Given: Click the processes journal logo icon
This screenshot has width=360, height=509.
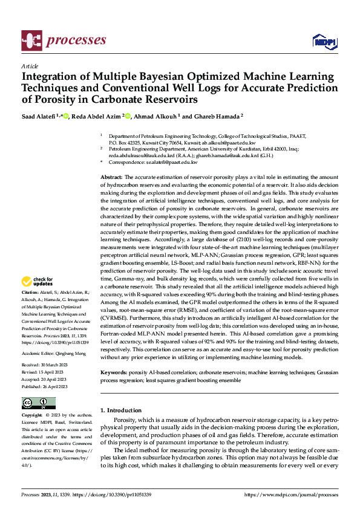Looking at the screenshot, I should [31, 41].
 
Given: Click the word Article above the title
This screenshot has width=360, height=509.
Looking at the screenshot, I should [30, 66].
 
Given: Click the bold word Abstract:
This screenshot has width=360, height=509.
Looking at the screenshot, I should [112, 175].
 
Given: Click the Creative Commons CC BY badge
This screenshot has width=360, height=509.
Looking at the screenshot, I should [38, 403].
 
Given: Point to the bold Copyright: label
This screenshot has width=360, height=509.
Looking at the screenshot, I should [33, 417].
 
